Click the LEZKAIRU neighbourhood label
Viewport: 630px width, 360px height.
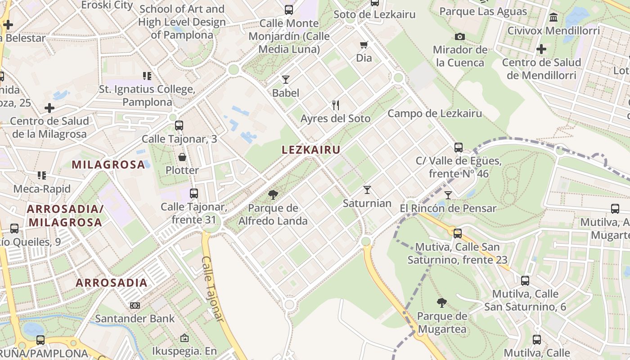coord(311,150)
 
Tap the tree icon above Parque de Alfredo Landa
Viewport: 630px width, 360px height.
coord(273,194)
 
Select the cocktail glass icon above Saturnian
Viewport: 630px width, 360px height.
coord(367,190)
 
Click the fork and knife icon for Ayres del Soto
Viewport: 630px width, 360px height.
coord(335,105)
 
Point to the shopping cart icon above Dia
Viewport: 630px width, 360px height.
coord(364,45)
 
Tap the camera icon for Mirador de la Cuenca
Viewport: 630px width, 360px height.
coord(459,36)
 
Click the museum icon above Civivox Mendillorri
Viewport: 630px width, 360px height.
coord(553,18)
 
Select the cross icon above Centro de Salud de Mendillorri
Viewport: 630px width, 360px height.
coord(541,49)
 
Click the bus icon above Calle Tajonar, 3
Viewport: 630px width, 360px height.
coord(179,126)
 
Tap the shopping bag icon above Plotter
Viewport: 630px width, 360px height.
coord(182,157)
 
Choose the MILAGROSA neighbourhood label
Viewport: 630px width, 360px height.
coord(108,165)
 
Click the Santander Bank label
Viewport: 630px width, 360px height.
coord(135,319)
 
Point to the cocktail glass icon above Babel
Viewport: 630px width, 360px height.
coord(285,80)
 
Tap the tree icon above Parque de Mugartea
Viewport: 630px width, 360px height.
coord(441,302)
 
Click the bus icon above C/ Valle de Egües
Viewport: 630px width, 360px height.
coord(459,147)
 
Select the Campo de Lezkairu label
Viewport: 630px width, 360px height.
coord(435,114)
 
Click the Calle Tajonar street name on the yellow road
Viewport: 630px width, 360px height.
coord(212,288)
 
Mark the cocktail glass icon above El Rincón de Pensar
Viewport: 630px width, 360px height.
coord(448,195)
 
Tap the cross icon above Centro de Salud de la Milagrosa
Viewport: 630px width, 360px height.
coord(49,108)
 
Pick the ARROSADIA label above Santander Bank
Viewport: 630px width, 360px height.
coord(112,283)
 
